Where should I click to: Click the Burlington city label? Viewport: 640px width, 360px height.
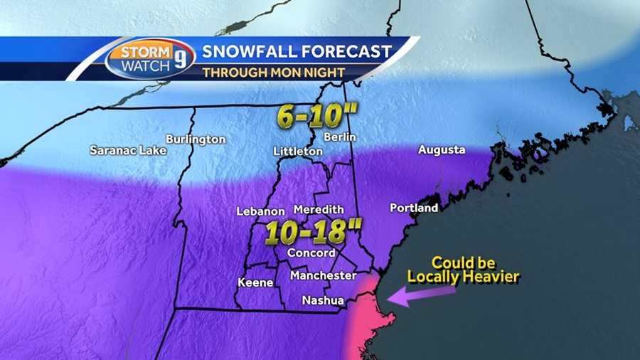[196, 139]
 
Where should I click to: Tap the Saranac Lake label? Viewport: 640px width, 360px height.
[128, 150]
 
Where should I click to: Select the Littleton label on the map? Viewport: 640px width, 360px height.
[298, 152]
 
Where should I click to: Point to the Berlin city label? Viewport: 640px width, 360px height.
[339, 137]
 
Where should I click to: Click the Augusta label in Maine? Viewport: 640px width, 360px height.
[442, 149]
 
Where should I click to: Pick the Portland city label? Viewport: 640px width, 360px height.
[414, 208]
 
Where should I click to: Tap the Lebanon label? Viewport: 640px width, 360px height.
[260, 211]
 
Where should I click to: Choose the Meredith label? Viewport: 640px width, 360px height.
[318, 209]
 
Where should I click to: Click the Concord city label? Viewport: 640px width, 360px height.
[311, 253]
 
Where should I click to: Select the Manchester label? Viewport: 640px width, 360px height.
[323, 275]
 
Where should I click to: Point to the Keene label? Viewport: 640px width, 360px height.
[255, 282]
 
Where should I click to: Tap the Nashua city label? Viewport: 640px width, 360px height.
[323, 300]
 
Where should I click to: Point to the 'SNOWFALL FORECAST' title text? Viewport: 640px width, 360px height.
[297, 51]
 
